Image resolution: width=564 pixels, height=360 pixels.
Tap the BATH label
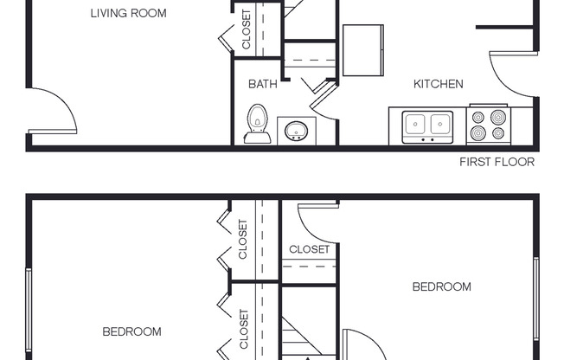(x=262, y=84)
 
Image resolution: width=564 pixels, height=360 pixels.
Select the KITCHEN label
(x=438, y=84)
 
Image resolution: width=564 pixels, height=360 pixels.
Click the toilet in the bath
(x=256, y=124)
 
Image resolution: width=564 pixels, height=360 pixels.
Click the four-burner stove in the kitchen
(x=489, y=125)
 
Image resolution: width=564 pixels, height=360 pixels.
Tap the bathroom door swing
(x=322, y=100)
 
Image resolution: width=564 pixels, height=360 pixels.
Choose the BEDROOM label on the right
(x=441, y=286)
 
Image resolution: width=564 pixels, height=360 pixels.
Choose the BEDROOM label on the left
(x=131, y=331)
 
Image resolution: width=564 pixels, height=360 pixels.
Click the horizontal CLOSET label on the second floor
(x=309, y=249)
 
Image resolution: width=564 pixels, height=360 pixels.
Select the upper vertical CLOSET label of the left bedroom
(x=243, y=239)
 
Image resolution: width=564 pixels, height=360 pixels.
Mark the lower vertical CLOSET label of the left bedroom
(x=243, y=329)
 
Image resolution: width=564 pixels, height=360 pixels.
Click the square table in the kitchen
(x=363, y=50)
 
